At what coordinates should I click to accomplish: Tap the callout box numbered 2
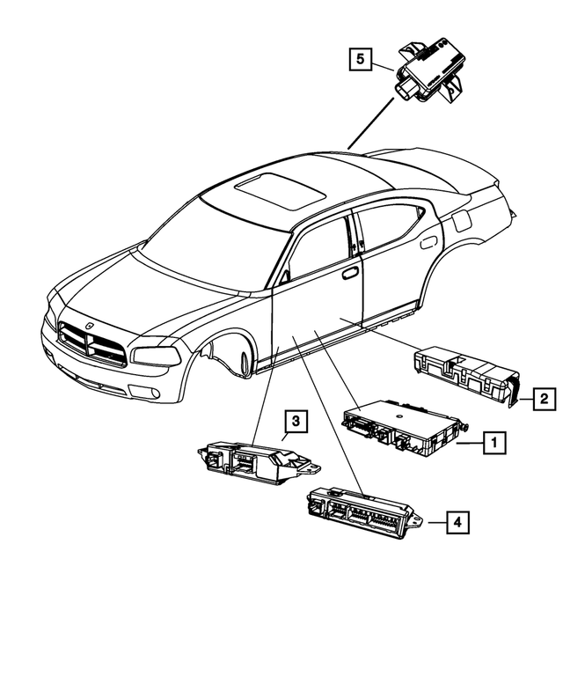545,400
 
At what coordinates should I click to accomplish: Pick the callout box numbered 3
296,422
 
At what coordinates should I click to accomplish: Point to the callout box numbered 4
456,522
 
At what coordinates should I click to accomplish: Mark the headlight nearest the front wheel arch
159,356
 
